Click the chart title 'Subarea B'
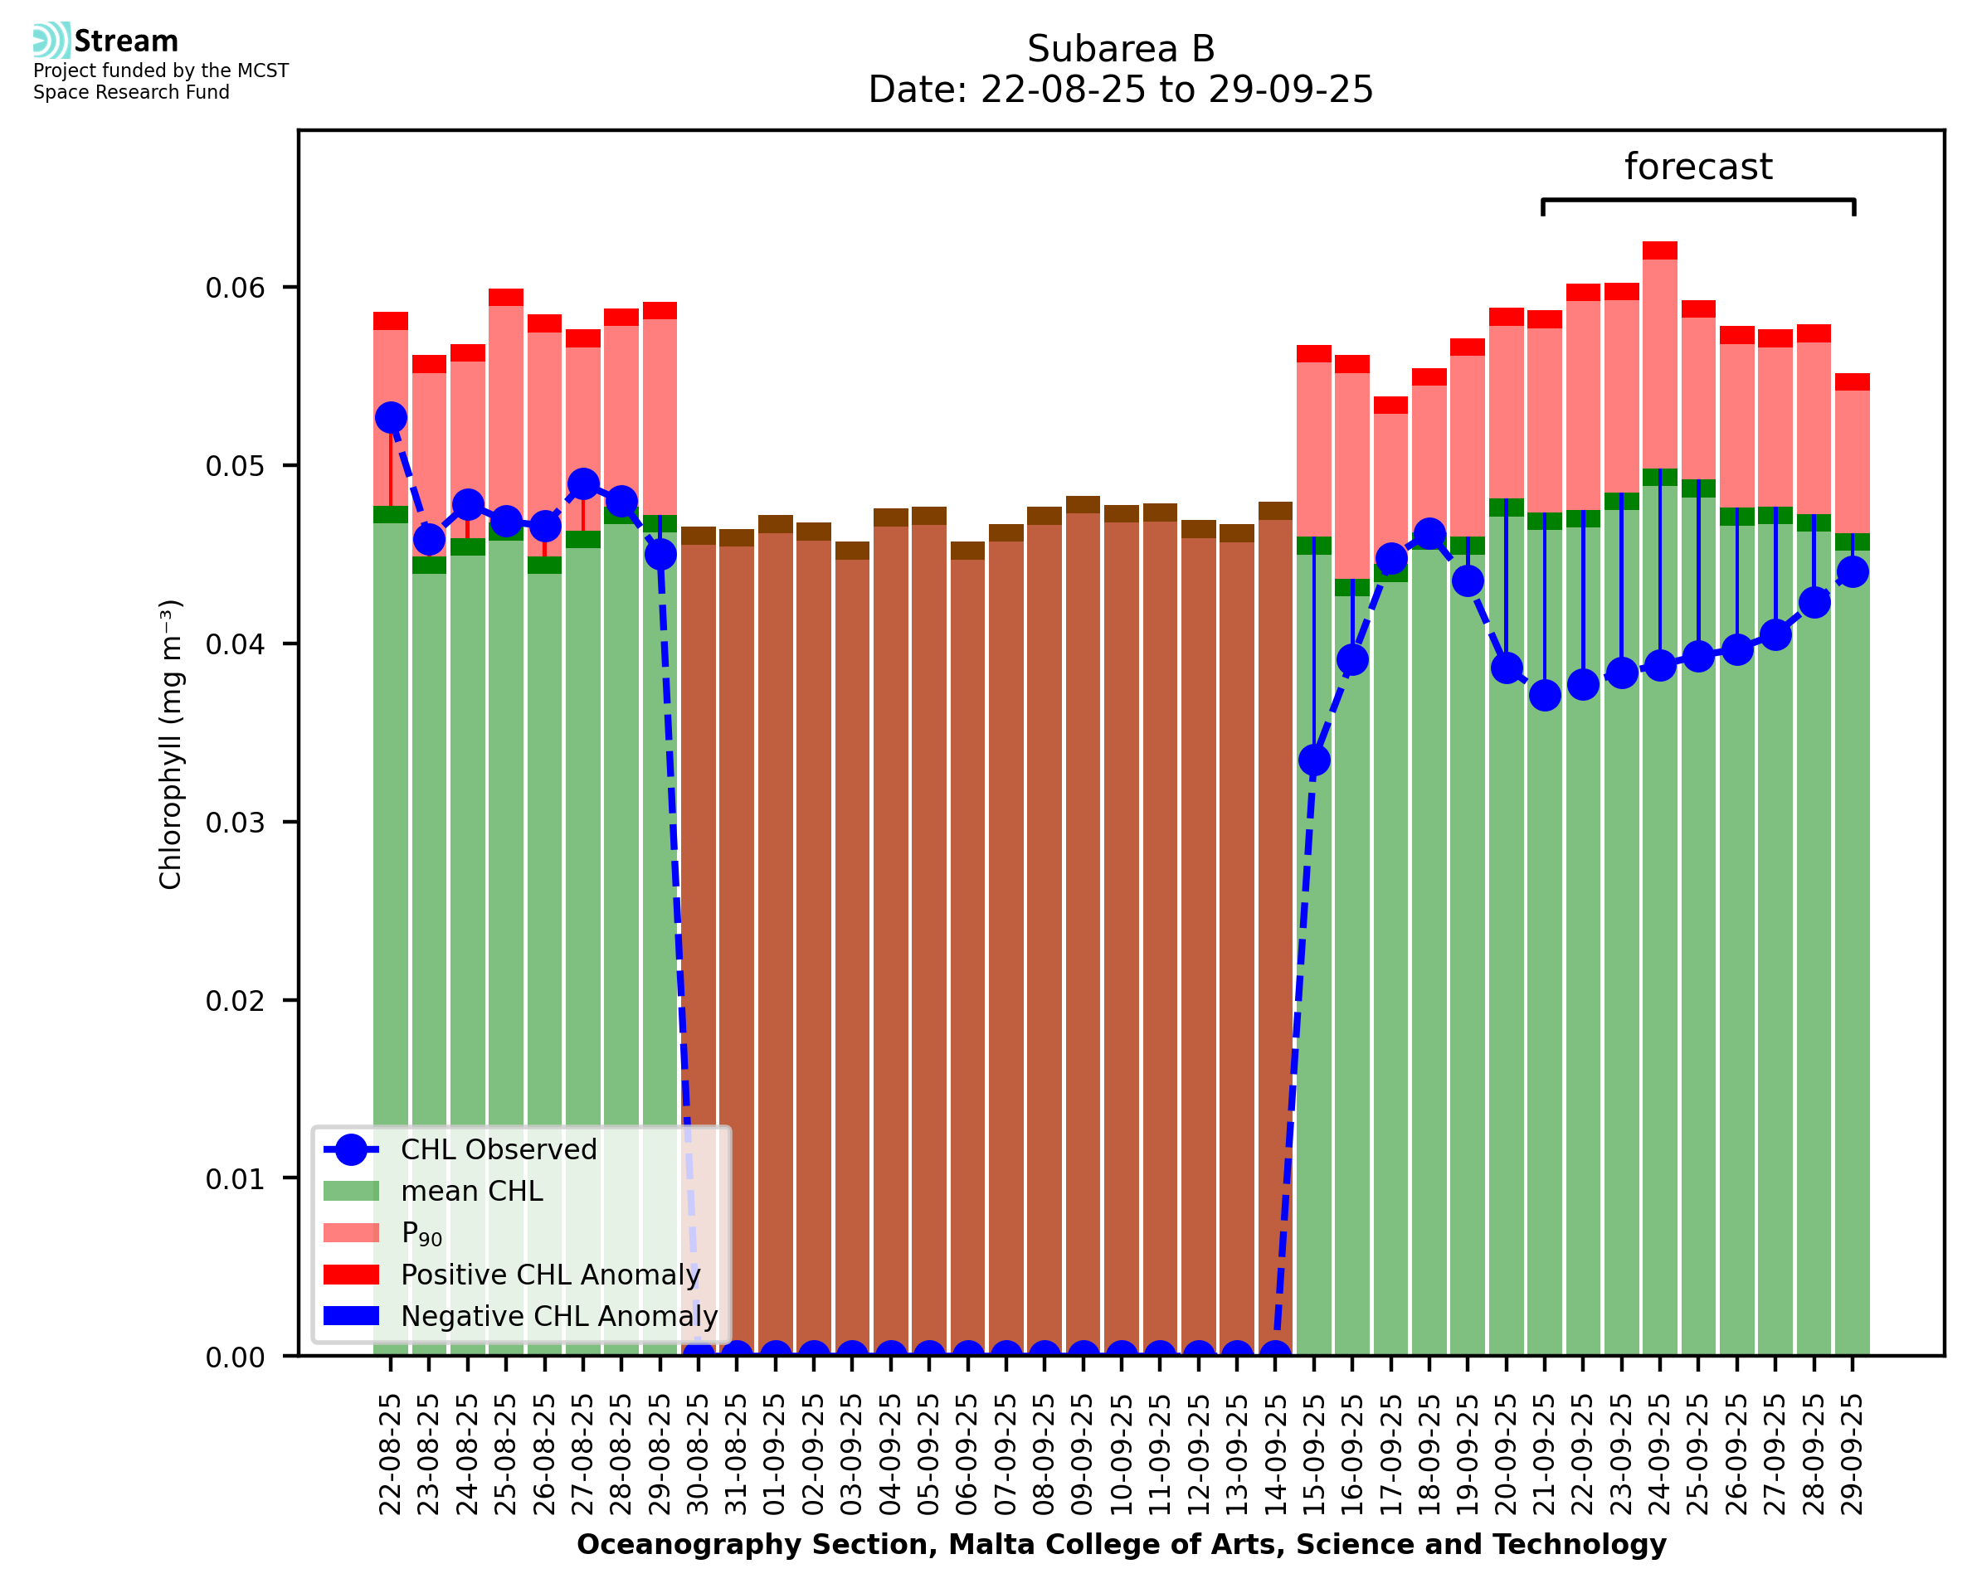[x=1120, y=49]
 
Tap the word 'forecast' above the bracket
[x=1698, y=167]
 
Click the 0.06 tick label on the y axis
[x=234, y=288]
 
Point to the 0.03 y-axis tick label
[x=234, y=822]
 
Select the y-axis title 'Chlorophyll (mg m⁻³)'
[x=171, y=744]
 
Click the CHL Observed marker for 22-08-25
[x=391, y=417]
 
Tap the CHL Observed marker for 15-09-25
[x=1313, y=760]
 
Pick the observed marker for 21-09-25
[x=1545, y=696]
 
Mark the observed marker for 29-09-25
[x=1853, y=571]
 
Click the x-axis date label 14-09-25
[x=1275, y=1455]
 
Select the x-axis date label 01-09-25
[x=776, y=1455]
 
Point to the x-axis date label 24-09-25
[x=1659, y=1455]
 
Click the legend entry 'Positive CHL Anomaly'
[x=550, y=1275]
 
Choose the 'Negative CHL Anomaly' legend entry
[x=558, y=1316]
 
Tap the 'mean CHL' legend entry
[x=472, y=1191]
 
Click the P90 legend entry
[x=421, y=1233]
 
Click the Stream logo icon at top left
[x=51, y=40]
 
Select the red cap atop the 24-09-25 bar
[x=1659, y=250]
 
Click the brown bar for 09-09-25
[x=1083, y=918]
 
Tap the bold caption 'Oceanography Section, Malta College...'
[x=1121, y=1544]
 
